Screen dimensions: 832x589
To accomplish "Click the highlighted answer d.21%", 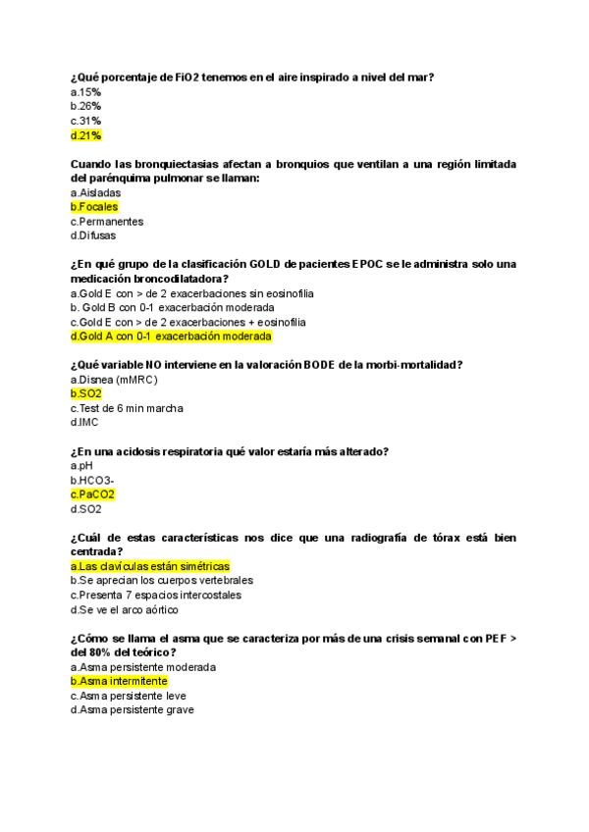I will tap(85, 135).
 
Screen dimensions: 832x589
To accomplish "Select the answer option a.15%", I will tap(85, 91).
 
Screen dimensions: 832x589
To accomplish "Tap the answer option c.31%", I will tap(85, 121).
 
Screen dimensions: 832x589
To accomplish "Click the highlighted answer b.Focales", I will tap(94, 207).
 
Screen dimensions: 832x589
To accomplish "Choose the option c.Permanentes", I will tap(107, 222).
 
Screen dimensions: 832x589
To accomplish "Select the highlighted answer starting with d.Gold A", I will tap(171, 336).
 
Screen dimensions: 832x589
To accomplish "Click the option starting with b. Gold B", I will tap(173, 307).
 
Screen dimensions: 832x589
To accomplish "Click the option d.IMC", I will tap(84, 422).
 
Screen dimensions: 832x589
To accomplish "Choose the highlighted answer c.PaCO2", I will tap(92, 494).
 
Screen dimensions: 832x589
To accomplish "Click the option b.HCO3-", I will tap(92, 481).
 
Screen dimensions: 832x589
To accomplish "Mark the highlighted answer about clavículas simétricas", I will tap(150, 566).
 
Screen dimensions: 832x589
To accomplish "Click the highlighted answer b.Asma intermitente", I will tap(119, 681).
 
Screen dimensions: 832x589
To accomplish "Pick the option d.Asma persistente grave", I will tap(133, 709).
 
